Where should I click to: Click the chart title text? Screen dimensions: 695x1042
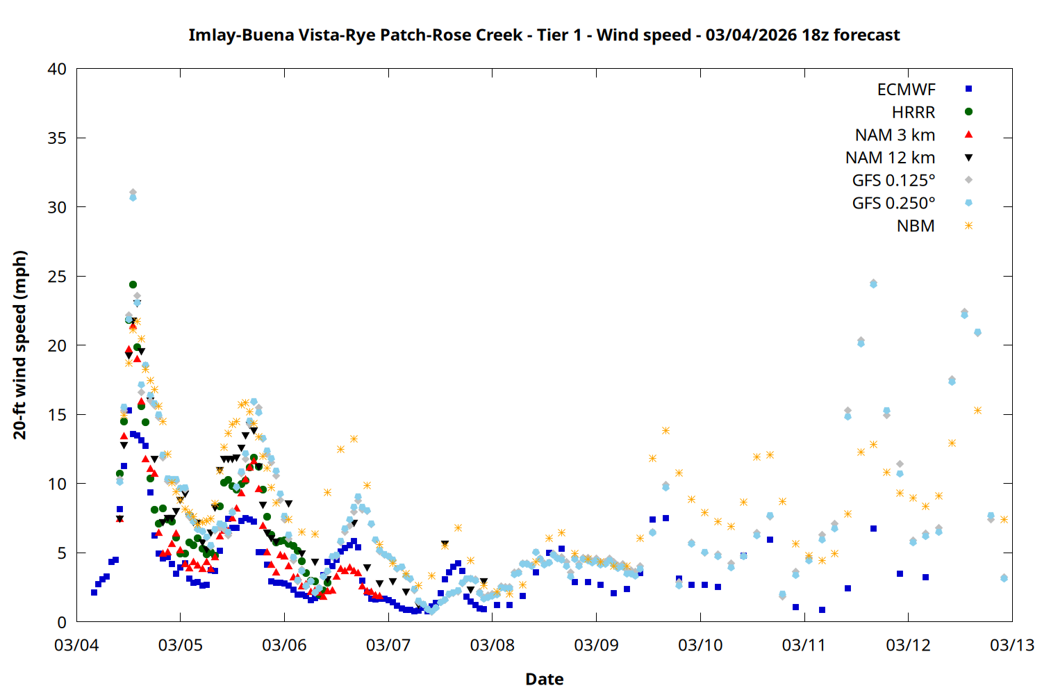pyautogui.click(x=544, y=35)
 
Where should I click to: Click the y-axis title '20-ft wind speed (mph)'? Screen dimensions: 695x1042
pyautogui.click(x=20, y=345)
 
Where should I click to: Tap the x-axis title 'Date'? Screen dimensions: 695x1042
pyautogui.click(x=544, y=679)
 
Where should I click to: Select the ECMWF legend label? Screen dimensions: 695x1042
pyautogui.click(x=906, y=89)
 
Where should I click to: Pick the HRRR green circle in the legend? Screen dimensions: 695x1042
pyautogui.click(x=968, y=111)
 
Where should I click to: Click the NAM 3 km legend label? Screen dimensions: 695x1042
pyautogui.click(x=895, y=135)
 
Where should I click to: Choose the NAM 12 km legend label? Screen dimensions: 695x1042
pyautogui.click(x=890, y=158)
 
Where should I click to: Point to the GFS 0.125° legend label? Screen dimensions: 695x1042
pyautogui.click(x=893, y=181)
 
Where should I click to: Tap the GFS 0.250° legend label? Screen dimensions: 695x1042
pyautogui.click(x=893, y=203)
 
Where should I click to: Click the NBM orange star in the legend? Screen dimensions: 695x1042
pyautogui.click(x=968, y=226)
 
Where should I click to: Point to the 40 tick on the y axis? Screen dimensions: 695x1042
pyautogui.click(x=58, y=69)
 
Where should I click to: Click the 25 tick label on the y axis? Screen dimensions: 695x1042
pyautogui.click(x=58, y=277)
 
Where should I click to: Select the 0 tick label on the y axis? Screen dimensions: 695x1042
pyautogui.click(x=63, y=622)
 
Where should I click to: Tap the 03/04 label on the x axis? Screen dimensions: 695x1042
pyautogui.click(x=76, y=645)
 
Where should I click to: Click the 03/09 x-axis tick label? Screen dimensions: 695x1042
pyautogui.click(x=596, y=645)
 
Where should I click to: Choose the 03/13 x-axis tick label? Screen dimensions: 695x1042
pyautogui.click(x=1011, y=645)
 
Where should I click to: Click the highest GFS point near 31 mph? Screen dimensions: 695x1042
pyautogui.click(x=133, y=193)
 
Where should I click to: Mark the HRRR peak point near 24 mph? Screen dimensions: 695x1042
pyautogui.click(x=133, y=284)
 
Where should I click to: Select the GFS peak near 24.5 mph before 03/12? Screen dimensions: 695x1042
pyautogui.click(x=873, y=283)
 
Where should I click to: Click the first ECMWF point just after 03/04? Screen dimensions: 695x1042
pyautogui.click(x=94, y=592)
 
